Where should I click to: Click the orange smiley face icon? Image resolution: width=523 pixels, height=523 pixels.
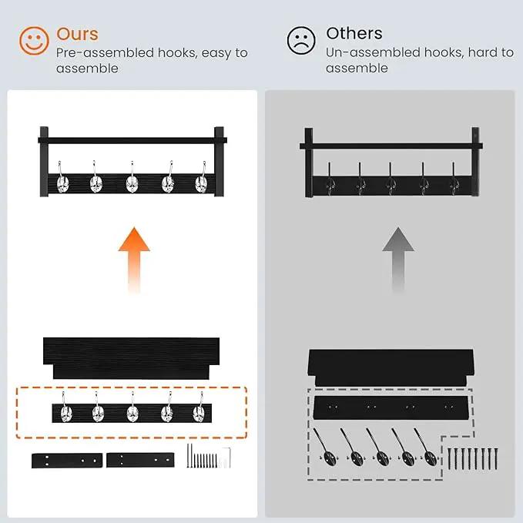click(34, 41)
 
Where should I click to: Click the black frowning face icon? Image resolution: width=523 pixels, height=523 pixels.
click(301, 40)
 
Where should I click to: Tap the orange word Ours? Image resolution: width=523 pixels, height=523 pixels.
click(77, 34)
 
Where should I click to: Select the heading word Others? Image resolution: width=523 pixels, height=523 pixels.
click(354, 33)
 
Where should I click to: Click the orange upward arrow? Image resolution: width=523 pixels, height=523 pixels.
click(134, 260)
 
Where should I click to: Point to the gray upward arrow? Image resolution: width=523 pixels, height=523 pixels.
click(398, 260)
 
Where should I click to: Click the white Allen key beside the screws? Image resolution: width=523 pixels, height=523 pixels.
click(226, 458)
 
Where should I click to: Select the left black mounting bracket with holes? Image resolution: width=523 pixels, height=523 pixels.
click(67, 461)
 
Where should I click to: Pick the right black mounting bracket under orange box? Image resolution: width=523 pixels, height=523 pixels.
click(140, 460)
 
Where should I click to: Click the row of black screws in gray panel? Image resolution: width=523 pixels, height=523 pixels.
click(473, 458)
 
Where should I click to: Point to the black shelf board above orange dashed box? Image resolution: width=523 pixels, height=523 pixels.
click(132, 358)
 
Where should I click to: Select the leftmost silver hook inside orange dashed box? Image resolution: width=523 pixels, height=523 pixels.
click(65, 408)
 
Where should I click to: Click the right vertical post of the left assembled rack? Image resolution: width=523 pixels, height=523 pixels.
click(219, 162)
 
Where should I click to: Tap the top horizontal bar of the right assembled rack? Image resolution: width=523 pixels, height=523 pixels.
click(391, 146)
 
